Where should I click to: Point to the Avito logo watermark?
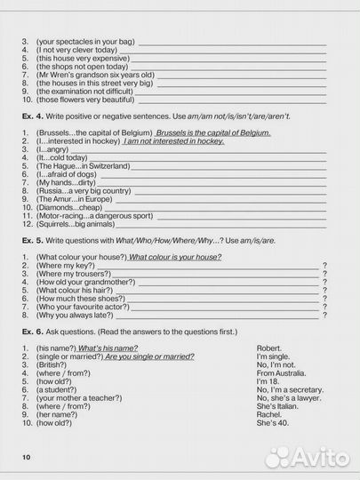pos(307,457)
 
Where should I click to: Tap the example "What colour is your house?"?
pos(174,257)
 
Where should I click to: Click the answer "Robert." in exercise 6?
pos(268,348)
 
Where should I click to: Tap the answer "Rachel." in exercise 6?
pos(269,415)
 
